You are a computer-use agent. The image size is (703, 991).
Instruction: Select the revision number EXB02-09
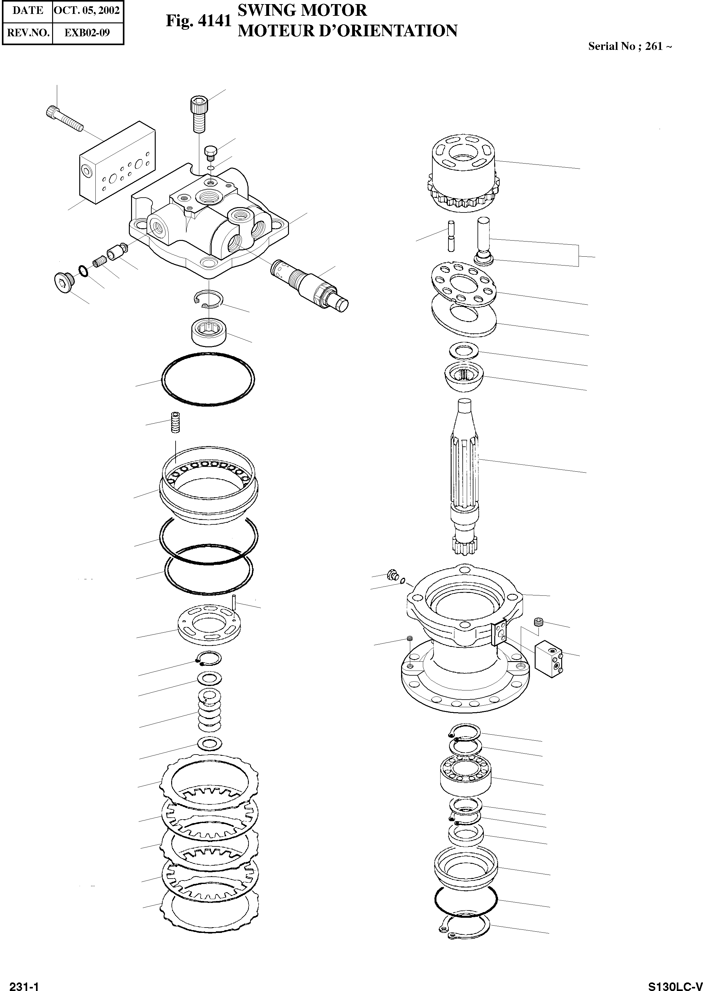point(87,33)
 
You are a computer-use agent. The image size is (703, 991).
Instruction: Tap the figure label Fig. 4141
point(199,21)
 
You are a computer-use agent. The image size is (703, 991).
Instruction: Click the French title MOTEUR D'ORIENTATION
point(348,31)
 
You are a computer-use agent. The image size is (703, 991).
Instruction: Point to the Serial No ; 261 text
point(629,46)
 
